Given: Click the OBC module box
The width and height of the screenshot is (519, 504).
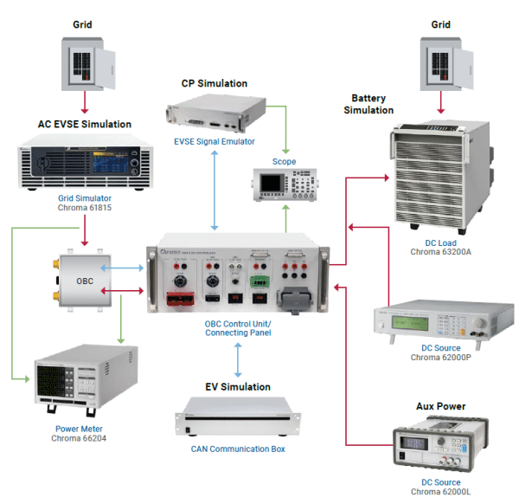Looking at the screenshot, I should [x=85, y=282].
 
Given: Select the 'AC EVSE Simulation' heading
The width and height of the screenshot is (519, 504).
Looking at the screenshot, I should [x=85, y=124].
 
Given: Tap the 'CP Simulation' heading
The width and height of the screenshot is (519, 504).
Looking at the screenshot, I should [x=214, y=84].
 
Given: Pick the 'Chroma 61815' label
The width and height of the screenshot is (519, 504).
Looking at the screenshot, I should [x=85, y=208].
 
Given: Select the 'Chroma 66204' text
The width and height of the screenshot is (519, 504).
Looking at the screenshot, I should [x=80, y=438].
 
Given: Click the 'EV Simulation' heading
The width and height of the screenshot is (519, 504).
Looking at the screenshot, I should [x=237, y=387].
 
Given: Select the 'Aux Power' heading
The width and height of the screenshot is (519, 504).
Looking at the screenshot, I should [x=441, y=406].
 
